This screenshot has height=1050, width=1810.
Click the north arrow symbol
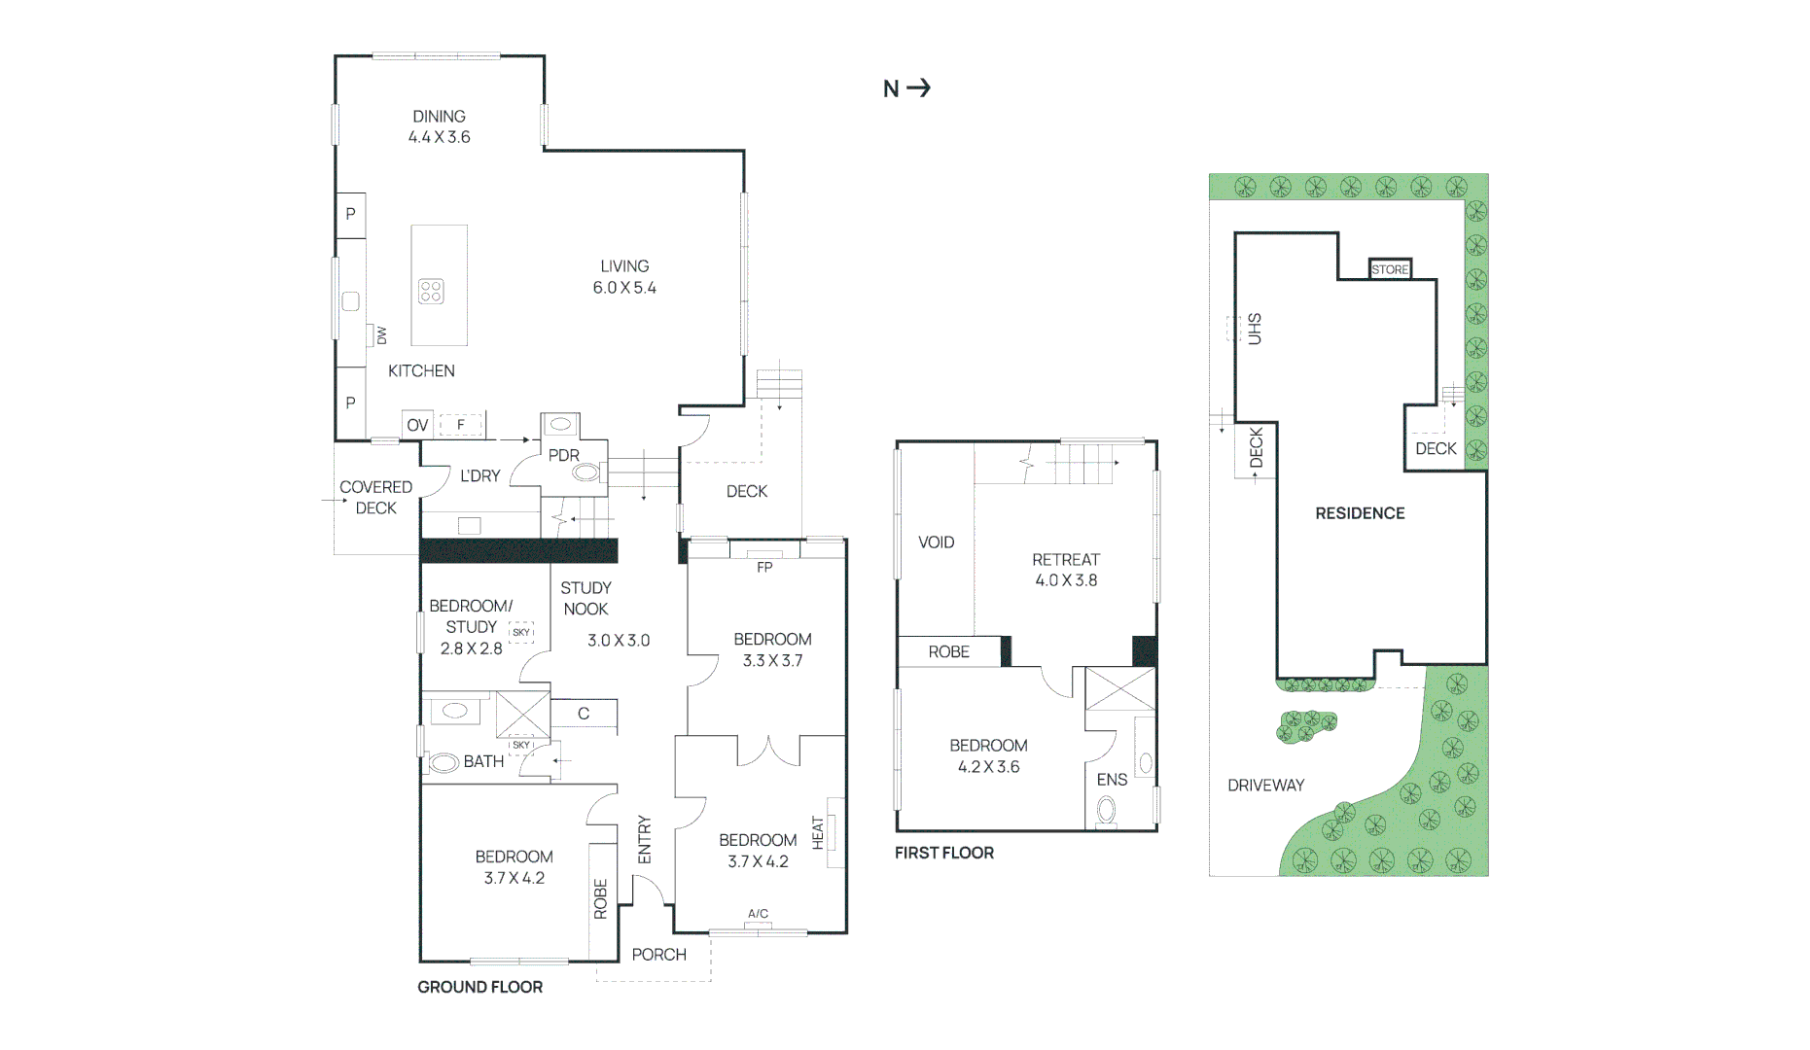click(918, 88)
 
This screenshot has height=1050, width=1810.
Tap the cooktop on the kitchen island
click(431, 291)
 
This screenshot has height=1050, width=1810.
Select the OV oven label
click(417, 425)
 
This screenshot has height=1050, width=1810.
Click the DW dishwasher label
click(381, 335)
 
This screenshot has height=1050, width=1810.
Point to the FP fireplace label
click(764, 567)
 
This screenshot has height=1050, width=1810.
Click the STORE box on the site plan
click(1390, 269)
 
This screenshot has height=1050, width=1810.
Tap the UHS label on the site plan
click(1255, 329)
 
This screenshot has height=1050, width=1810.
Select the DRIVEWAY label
click(1265, 785)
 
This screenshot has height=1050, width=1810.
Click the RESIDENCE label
click(1360, 513)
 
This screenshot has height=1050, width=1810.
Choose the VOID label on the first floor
click(936, 542)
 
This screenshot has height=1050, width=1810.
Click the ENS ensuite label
click(1112, 780)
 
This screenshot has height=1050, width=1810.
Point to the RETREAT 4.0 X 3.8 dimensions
click(1066, 580)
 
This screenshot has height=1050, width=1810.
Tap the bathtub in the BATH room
click(444, 763)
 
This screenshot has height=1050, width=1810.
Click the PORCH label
click(658, 955)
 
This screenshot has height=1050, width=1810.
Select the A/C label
click(758, 914)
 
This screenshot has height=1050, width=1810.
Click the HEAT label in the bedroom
click(818, 833)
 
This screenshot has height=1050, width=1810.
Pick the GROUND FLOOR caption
click(479, 987)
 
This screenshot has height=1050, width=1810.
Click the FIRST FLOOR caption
click(943, 853)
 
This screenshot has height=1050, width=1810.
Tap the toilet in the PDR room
click(585, 472)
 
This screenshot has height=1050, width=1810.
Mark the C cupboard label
click(584, 714)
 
